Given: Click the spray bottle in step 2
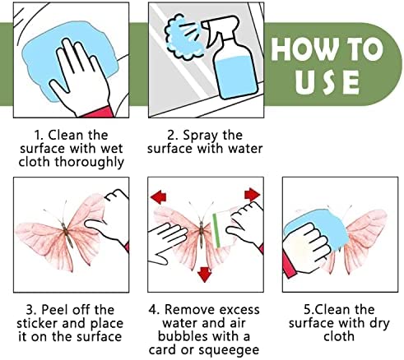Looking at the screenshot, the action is [x=233, y=60].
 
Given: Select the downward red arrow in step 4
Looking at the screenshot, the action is [x=204, y=275].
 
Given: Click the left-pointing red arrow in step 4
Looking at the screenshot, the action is [x=159, y=197].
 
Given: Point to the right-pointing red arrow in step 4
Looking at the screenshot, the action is [x=252, y=195].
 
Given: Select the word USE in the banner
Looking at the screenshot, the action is [x=327, y=82].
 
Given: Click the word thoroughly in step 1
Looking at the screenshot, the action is [x=90, y=162].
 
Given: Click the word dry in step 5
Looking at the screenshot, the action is [x=379, y=324].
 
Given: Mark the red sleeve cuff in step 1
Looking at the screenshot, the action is [x=99, y=112].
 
